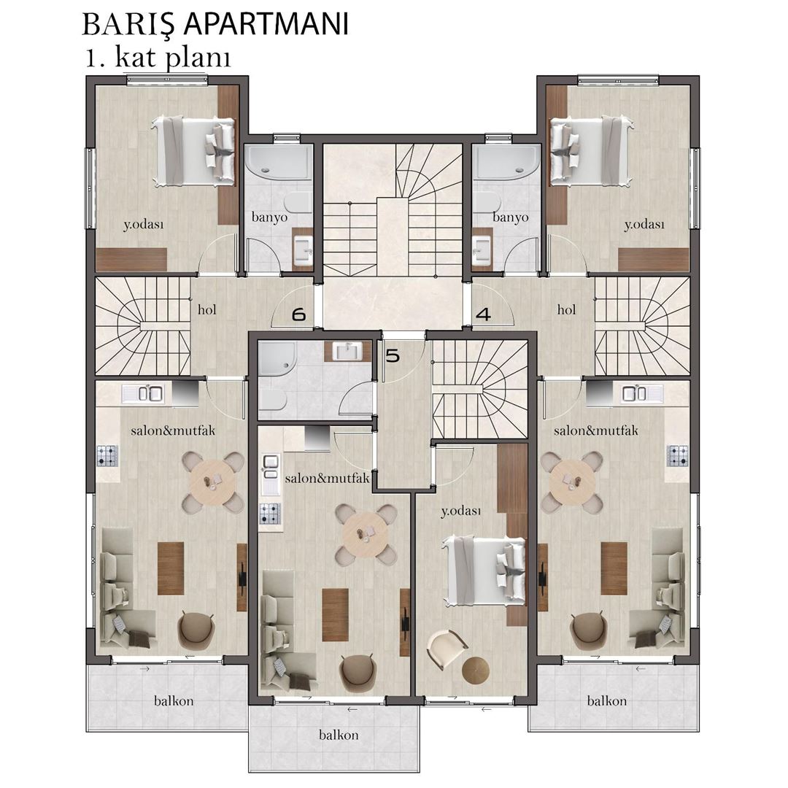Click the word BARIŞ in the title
pos(128,25)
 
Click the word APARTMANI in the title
pos(266,23)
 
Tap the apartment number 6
pos(299,314)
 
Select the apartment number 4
pos(483,314)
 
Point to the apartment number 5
pos(393,356)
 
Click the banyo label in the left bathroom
pos(269,217)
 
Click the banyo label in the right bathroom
pos(511,217)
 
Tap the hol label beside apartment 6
pos(207,309)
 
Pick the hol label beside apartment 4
pos(566,309)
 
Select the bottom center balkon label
pos(339,735)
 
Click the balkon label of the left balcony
pos(174,700)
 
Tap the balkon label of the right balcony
pos(607,700)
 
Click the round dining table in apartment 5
pos(366,534)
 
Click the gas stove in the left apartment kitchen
pos(107,455)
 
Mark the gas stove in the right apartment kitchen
pos(677,455)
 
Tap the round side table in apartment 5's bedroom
pos(476,670)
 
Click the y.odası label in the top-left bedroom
pos(144,225)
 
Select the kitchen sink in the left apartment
pos(143,393)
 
